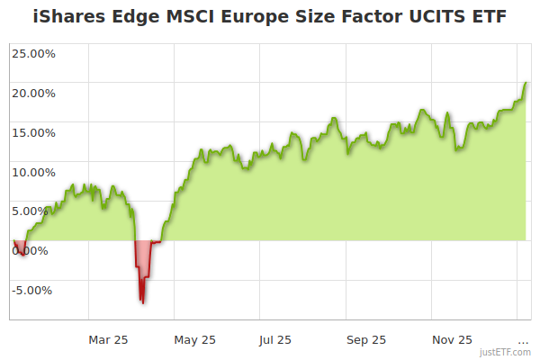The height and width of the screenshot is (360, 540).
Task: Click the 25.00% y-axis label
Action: [x=32, y=53]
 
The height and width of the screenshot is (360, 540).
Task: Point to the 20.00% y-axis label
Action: [x=32, y=93]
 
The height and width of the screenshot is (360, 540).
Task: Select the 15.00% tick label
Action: [x=32, y=132]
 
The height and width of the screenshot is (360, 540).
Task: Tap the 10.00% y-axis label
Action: [x=32, y=172]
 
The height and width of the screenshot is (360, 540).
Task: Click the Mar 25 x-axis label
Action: [x=108, y=339]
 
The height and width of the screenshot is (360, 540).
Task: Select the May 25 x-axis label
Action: [x=195, y=339]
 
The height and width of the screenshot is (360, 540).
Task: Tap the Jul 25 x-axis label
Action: [x=275, y=339]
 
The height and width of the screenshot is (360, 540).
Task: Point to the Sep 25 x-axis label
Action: [x=365, y=339]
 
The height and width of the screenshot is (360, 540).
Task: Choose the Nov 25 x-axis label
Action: [x=452, y=339]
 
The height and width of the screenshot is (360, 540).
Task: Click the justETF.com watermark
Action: [x=505, y=352]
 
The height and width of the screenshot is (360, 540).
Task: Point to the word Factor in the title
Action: [x=371, y=17]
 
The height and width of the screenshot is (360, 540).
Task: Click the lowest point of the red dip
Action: [x=142, y=302]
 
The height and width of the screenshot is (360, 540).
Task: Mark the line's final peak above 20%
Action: [x=526, y=83]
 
